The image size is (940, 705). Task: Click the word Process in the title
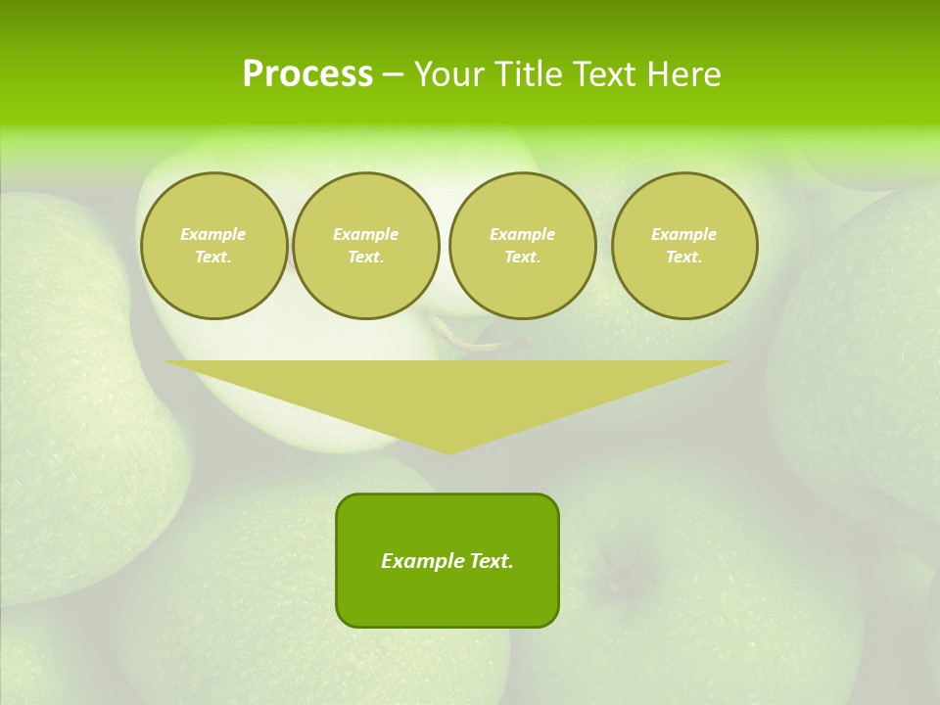point(307,74)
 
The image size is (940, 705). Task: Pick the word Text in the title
point(605,74)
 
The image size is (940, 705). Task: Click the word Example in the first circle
point(213,234)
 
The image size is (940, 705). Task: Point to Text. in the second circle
point(365,257)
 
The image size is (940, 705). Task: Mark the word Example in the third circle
point(522,234)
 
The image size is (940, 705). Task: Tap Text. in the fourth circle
point(683,257)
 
